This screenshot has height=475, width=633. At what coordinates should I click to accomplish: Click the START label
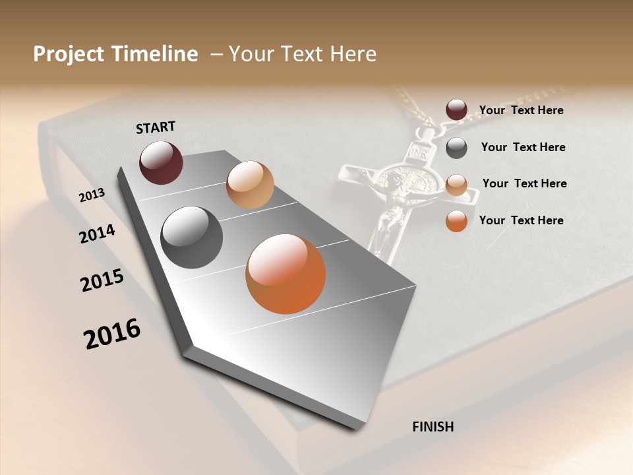point(156,127)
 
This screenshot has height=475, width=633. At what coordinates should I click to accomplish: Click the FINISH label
point(433,427)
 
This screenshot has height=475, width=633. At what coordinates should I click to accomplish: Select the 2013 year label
point(92,195)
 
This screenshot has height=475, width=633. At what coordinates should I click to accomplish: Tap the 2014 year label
point(97,234)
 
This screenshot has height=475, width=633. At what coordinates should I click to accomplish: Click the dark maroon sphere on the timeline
point(161,162)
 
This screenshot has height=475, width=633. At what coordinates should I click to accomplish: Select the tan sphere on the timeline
point(250,185)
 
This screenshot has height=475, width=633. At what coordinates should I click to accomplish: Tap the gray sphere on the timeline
point(192,237)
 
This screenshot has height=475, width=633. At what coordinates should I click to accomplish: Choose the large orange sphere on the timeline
point(286,274)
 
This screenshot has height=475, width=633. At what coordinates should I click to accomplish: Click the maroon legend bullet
point(456,110)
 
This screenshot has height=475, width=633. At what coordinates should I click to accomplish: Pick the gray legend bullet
point(456,148)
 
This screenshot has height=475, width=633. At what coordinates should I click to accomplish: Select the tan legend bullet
point(456,185)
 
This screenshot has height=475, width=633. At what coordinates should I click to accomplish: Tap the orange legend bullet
point(456,221)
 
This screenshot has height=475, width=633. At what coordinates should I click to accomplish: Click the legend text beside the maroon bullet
point(521,111)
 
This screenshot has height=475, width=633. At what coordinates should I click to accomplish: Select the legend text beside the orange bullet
point(521,220)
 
